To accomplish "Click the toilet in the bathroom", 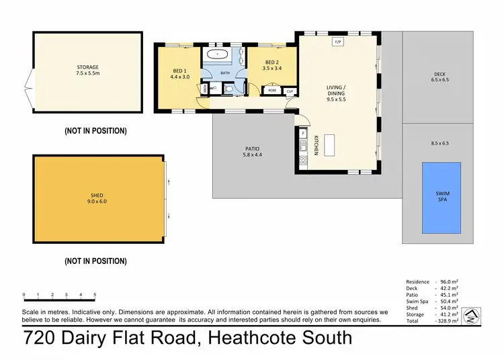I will (229, 88).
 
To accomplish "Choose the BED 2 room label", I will (272, 64).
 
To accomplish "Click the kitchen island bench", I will (329, 144).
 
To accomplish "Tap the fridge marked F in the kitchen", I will (303, 134).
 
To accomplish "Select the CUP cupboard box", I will (290, 91).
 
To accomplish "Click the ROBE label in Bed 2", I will (272, 89).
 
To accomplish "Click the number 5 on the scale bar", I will (95, 295).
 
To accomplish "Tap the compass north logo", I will (473, 316).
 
